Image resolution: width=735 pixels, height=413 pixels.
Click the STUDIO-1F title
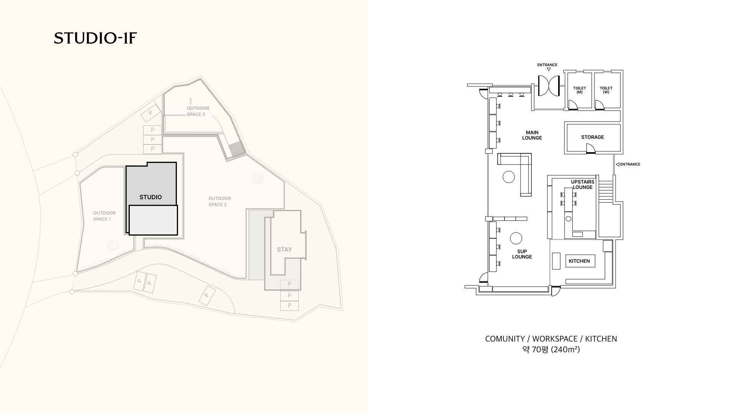coord(95,38)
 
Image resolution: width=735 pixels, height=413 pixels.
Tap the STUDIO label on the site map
coord(150,197)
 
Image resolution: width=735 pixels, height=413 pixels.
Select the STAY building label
coord(284,249)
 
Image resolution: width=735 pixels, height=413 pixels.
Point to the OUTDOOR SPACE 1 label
coord(104,216)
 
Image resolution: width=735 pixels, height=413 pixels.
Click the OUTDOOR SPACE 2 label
coord(220,202)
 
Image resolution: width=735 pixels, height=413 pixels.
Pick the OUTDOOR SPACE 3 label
coord(198,111)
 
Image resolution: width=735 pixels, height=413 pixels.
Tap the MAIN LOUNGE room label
coord(532,135)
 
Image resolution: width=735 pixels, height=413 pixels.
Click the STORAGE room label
coord(593,137)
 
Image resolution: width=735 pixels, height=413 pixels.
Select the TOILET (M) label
coord(580,90)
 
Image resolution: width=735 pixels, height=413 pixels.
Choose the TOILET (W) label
coord(606,90)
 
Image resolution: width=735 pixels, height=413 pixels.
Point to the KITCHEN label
coord(579,261)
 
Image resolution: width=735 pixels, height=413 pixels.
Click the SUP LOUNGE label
coord(522,254)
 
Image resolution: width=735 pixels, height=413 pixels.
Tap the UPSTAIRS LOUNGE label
coord(583,184)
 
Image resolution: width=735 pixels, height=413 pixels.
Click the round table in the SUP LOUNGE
coord(516,238)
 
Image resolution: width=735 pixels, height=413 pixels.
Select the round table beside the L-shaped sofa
coord(509,177)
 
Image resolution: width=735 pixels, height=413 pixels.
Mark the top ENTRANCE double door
coord(549,86)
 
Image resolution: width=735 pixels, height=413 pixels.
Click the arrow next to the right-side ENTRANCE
coord(617,164)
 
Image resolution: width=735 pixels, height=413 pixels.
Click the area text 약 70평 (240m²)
coord(551,350)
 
